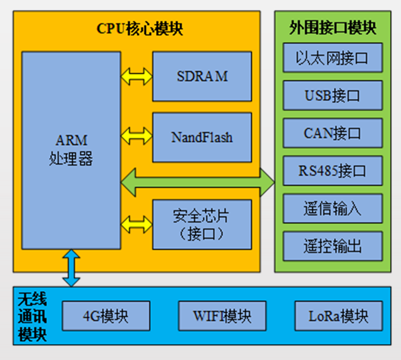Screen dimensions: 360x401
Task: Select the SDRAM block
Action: point(202,76)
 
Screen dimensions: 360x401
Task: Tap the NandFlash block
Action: point(202,137)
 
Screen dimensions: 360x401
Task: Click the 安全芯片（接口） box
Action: point(202,224)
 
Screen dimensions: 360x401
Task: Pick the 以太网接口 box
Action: point(332,59)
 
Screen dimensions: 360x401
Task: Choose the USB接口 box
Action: point(332,96)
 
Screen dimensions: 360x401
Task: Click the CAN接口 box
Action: point(332,133)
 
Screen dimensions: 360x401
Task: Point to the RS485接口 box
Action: point(332,170)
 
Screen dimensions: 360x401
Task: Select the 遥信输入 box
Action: point(332,208)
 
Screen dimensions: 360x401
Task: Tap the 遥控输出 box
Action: point(332,245)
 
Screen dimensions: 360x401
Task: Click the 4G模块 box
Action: point(106,316)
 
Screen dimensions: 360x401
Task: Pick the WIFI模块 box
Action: point(222,316)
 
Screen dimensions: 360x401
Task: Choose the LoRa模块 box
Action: point(338,316)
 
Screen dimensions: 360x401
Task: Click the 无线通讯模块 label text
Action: point(32,316)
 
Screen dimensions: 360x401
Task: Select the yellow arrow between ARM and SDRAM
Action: point(136,77)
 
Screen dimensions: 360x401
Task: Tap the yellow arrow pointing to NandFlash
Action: point(136,134)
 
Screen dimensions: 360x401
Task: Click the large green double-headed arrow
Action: point(197,182)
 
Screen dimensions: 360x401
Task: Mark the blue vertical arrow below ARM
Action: point(71,268)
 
